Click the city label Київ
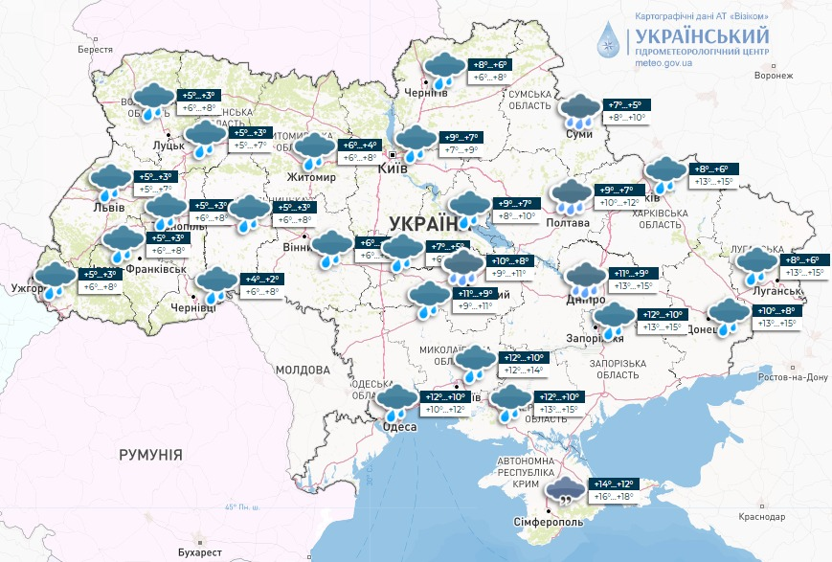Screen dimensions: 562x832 (x=394, y=169)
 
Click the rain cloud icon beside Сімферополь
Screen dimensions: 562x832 (x=566, y=492)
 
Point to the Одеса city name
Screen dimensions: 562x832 (x=399, y=427)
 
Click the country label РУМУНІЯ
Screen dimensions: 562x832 (x=150, y=455)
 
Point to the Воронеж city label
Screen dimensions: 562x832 (x=774, y=77)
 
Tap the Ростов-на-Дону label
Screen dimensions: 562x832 (x=791, y=377)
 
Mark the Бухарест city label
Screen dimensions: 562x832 (x=199, y=552)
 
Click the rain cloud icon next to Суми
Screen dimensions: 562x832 (x=580, y=112)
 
